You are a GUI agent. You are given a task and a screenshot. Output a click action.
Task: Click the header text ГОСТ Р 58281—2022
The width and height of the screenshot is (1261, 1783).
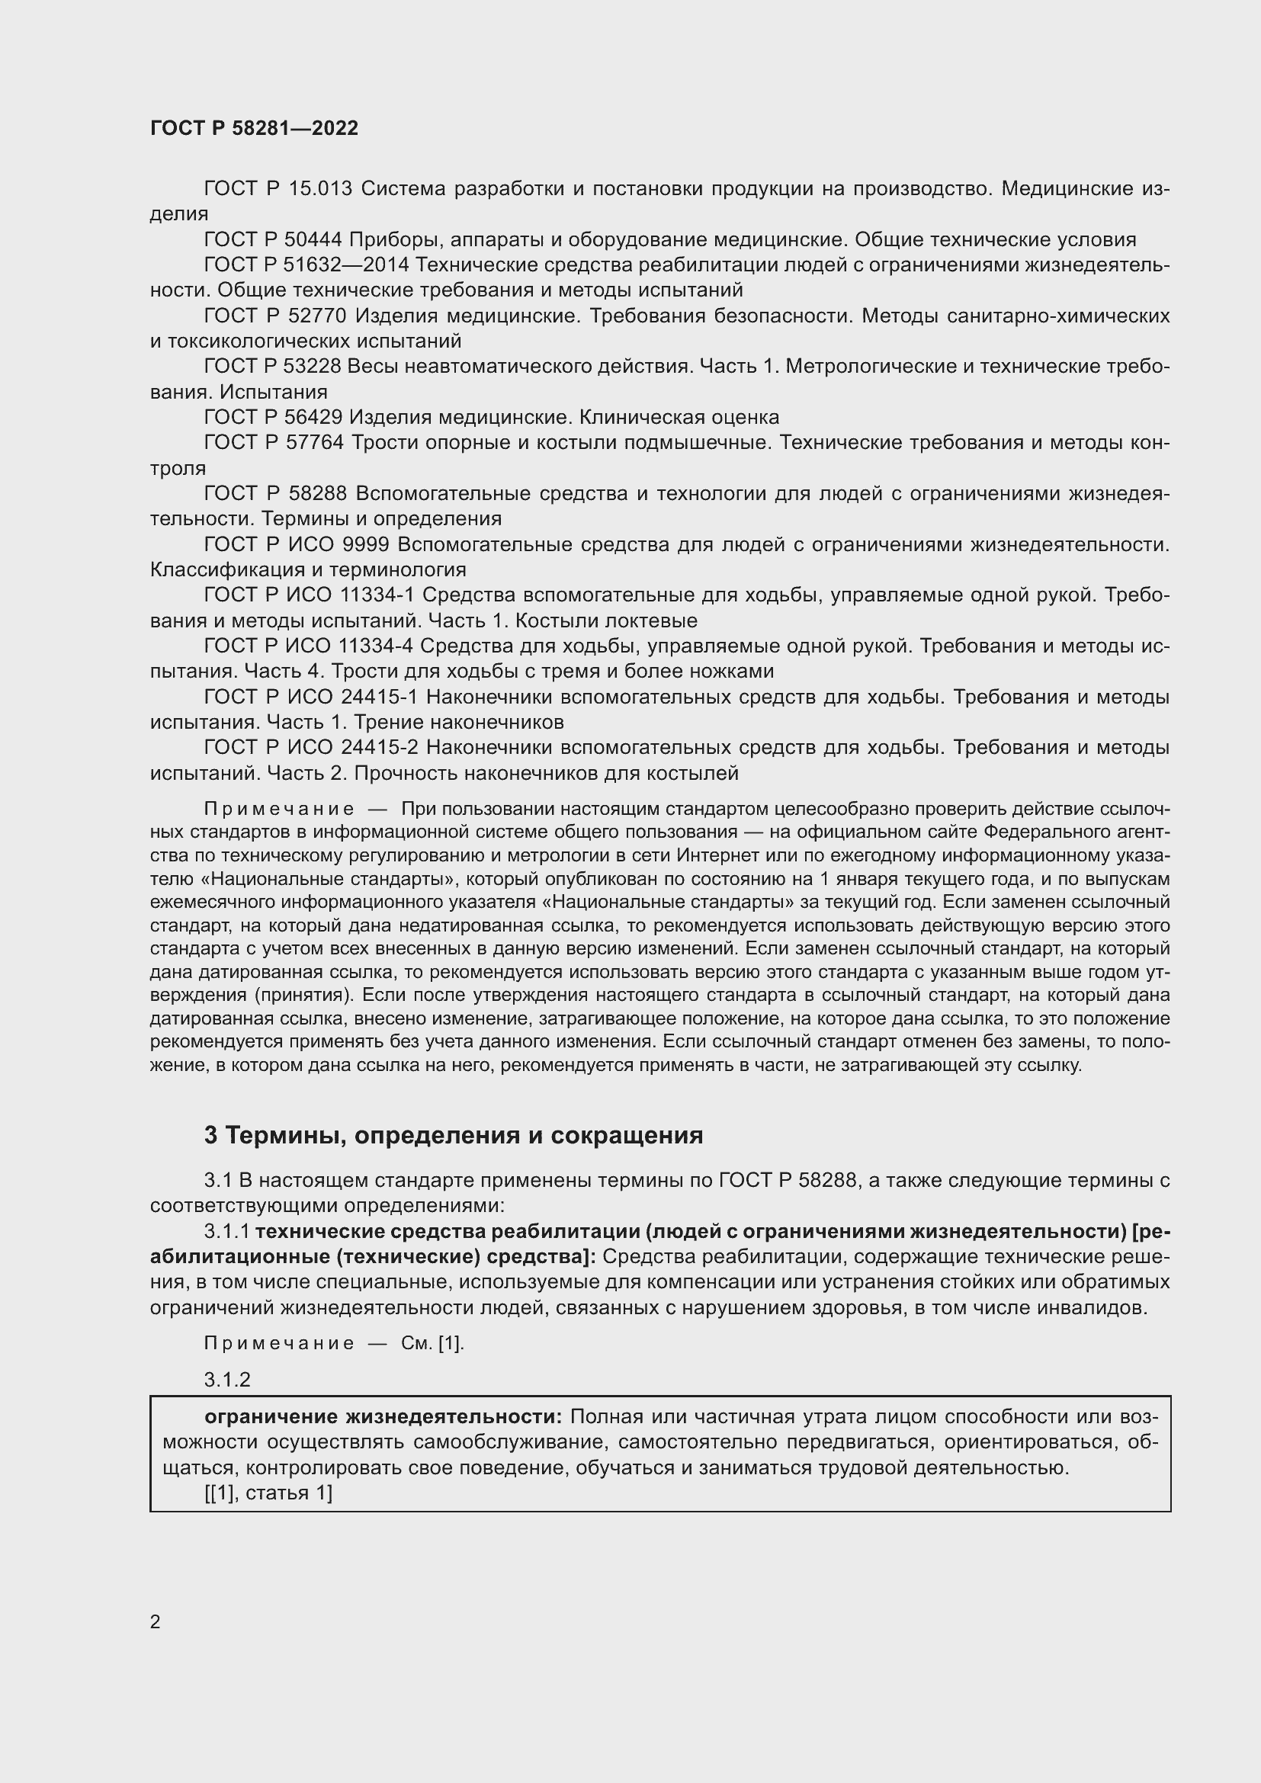point(254,128)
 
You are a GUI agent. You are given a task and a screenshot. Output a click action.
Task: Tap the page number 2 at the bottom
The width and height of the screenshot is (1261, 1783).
point(156,1621)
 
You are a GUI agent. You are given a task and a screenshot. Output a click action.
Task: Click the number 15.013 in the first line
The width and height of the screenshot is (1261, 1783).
point(320,189)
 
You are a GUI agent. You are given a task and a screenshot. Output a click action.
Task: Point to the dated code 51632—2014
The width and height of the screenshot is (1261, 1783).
point(348,265)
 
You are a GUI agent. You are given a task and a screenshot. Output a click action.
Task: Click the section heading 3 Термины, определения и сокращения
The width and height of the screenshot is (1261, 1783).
point(454,1135)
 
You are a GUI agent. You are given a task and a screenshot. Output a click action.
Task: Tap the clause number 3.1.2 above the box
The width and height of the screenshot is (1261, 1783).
point(227,1380)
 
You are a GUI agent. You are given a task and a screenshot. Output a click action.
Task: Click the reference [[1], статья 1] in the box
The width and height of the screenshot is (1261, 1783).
point(268,1493)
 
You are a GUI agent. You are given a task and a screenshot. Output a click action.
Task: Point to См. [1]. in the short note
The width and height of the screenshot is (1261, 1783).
point(432,1343)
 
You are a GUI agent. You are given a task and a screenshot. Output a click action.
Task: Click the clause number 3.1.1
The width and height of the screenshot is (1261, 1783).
point(226,1232)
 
